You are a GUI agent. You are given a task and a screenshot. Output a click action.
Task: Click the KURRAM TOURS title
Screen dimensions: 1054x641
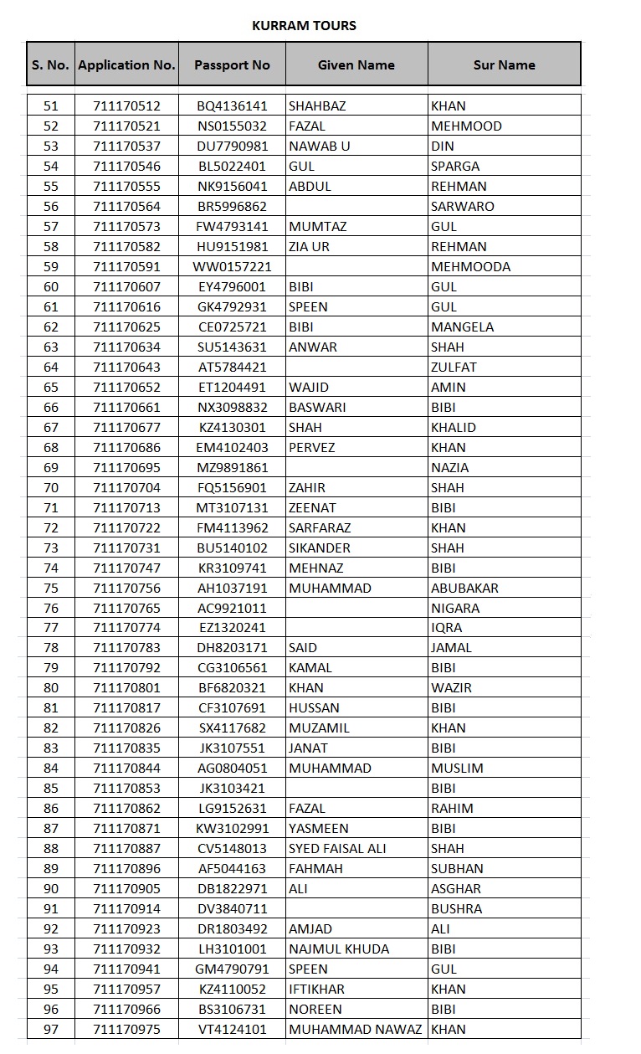(x=304, y=26)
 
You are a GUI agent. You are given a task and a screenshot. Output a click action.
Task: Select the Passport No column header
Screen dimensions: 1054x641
(x=232, y=64)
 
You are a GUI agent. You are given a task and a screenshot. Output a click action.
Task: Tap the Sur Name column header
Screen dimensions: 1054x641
(x=504, y=64)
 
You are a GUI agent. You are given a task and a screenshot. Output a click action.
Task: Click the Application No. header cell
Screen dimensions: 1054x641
(x=126, y=64)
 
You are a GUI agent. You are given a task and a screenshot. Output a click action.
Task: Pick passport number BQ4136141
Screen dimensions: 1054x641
(x=232, y=106)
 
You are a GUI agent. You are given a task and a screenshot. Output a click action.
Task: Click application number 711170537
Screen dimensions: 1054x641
(x=126, y=147)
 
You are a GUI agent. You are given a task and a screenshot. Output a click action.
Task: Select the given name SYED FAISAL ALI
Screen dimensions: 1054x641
(x=337, y=849)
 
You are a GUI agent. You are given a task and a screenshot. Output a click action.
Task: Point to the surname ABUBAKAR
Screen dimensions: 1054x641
(x=464, y=588)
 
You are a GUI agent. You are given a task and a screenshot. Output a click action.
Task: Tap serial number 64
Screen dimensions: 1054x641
(x=51, y=368)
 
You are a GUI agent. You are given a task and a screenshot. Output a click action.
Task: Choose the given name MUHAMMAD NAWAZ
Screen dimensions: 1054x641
(x=355, y=1029)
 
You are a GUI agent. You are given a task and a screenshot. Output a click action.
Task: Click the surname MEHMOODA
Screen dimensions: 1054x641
(x=470, y=267)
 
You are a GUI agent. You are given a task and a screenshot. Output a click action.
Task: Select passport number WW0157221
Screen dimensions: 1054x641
(x=232, y=267)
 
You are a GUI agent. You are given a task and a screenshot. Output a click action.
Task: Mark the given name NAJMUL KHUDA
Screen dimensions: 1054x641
(x=338, y=949)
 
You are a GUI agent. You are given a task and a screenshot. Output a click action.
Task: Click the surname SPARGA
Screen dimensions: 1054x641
(x=455, y=167)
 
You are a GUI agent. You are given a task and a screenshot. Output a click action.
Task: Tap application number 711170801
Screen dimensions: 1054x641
(x=126, y=688)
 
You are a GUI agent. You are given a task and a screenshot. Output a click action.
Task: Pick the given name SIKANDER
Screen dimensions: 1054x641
(x=320, y=548)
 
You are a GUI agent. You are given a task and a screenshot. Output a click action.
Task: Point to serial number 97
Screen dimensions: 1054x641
(x=51, y=1029)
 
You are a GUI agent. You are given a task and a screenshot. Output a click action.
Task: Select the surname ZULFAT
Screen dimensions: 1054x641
(x=454, y=368)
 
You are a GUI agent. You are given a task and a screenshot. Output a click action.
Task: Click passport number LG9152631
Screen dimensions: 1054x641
(x=232, y=809)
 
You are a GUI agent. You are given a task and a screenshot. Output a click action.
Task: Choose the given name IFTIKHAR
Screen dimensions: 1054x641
(x=318, y=989)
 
